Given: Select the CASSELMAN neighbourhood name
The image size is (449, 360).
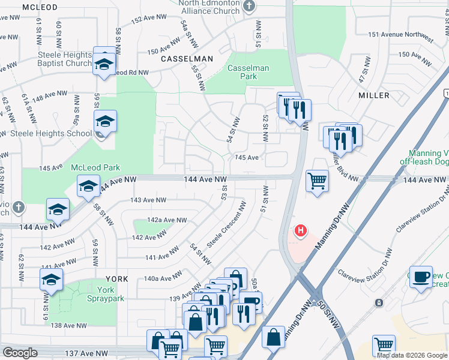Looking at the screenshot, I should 187,59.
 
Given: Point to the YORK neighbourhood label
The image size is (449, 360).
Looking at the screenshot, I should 117,279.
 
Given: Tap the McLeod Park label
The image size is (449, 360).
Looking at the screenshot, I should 95,167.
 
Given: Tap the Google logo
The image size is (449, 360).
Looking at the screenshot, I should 20,353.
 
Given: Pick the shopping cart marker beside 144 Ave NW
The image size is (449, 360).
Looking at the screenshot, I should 316,179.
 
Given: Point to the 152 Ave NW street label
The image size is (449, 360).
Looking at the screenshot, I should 144,20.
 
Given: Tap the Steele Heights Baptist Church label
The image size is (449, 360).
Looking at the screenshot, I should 64,58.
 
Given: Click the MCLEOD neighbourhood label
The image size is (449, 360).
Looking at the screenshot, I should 40,7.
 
